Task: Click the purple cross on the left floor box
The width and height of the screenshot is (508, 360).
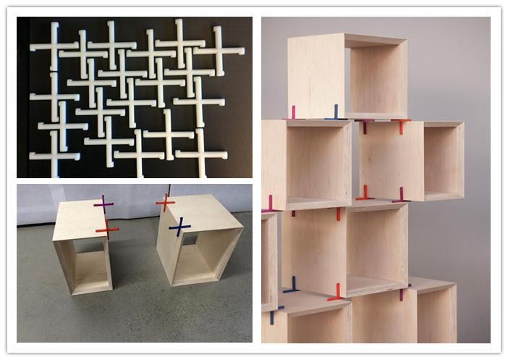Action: [x=103, y=205]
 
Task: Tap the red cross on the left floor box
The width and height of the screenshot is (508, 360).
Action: [x=107, y=230]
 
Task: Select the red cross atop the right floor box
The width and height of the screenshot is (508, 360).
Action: [x=166, y=203]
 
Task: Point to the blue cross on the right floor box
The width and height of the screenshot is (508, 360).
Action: [x=179, y=228]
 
